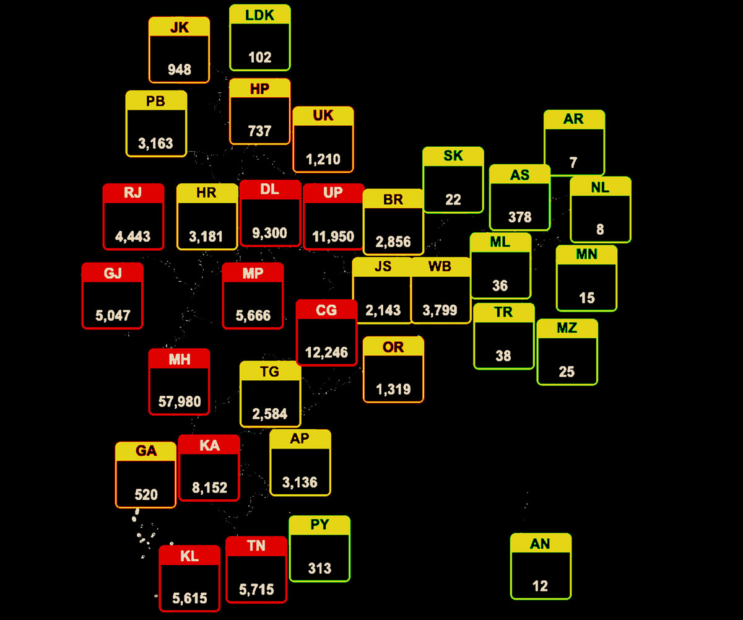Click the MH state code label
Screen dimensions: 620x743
180,359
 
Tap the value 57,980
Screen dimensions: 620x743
180,402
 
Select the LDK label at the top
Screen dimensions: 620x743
260,15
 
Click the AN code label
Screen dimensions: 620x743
541,544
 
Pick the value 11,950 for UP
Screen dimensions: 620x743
333,236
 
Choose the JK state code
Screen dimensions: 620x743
180,27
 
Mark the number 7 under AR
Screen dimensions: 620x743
573,163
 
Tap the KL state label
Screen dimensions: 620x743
189,556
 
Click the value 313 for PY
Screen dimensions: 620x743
319,569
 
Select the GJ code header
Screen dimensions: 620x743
113,273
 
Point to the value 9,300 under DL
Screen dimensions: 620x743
270,233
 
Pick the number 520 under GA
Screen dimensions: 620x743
146,495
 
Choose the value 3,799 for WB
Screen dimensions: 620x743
440,310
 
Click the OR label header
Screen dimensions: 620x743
393,347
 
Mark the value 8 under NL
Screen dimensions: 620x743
600,230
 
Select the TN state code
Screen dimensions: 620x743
256,546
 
